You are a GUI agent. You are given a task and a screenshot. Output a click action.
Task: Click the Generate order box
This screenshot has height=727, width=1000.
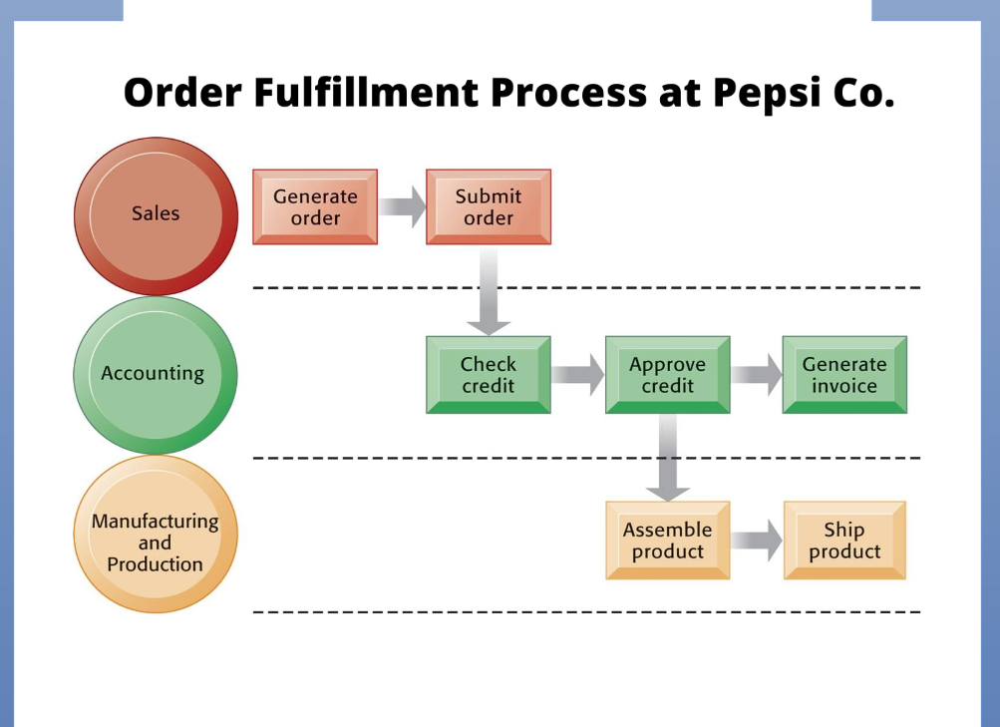[x=315, y=207]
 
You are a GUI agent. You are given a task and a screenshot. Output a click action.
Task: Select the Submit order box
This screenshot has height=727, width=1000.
[x=489, y=207]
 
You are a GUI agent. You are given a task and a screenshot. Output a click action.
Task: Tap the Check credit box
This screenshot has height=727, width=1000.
[x=489, y=375]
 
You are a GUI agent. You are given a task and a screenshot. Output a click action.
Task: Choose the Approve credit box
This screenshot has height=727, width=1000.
[x=667, y=375]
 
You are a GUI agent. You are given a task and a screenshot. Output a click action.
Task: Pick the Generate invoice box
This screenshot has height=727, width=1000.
[x=844, y=375]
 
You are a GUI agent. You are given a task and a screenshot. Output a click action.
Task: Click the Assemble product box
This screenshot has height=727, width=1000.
[x=667, y=541]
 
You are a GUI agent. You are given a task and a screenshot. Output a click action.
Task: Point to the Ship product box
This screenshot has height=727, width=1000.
[x=844, y=541]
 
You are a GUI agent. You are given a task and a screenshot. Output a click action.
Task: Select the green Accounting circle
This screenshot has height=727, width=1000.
[x=155, y=375]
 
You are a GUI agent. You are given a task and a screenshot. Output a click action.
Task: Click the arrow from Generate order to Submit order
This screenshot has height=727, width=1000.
[x=402, y=207]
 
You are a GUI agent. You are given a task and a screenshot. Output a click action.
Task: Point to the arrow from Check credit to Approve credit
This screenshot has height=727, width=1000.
[x=578, y=375]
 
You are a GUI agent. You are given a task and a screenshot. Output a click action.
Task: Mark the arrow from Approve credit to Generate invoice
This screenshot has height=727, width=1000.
[x=756, y=375]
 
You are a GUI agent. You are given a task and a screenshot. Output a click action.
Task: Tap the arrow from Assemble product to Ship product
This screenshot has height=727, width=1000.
[x=756, y=541]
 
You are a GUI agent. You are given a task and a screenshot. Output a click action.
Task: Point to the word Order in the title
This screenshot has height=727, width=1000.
[x=181, y=93]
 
